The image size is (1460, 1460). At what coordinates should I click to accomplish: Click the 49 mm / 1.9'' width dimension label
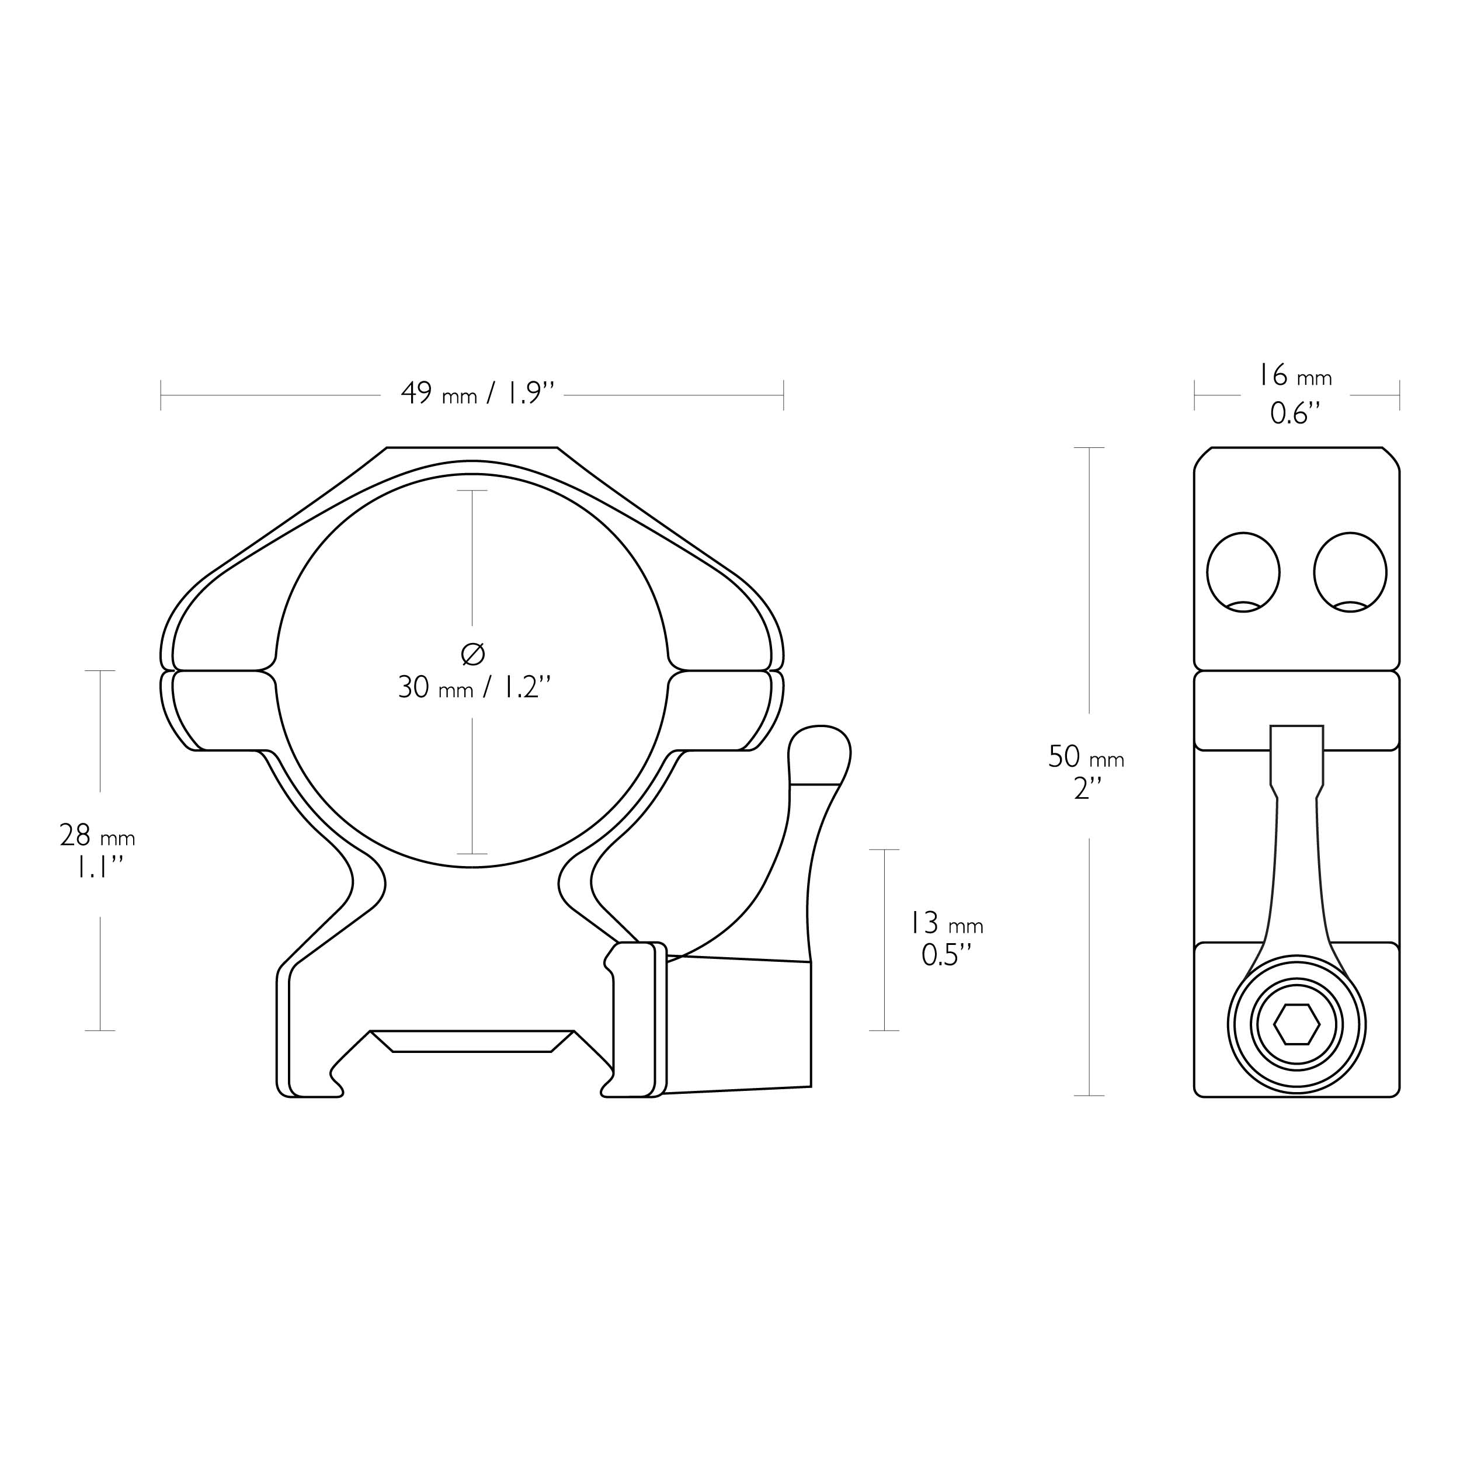pos(478,394)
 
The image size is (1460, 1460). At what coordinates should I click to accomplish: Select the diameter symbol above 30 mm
pos(473,653)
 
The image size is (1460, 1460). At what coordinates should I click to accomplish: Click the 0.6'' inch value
pos(1295,413)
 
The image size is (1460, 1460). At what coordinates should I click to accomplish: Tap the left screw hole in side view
pos(1243,572)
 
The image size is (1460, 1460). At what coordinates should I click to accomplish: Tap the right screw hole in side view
pos(1350,572)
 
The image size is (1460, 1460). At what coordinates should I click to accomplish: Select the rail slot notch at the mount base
pos(472,1041)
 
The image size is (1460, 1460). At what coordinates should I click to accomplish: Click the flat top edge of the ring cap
pos(472,447)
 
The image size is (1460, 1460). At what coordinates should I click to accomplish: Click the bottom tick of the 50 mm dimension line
pos(1089,1096)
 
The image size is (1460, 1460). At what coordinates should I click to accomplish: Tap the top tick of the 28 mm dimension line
pos(100,670)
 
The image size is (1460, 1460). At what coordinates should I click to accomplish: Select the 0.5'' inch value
pos(946,956)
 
